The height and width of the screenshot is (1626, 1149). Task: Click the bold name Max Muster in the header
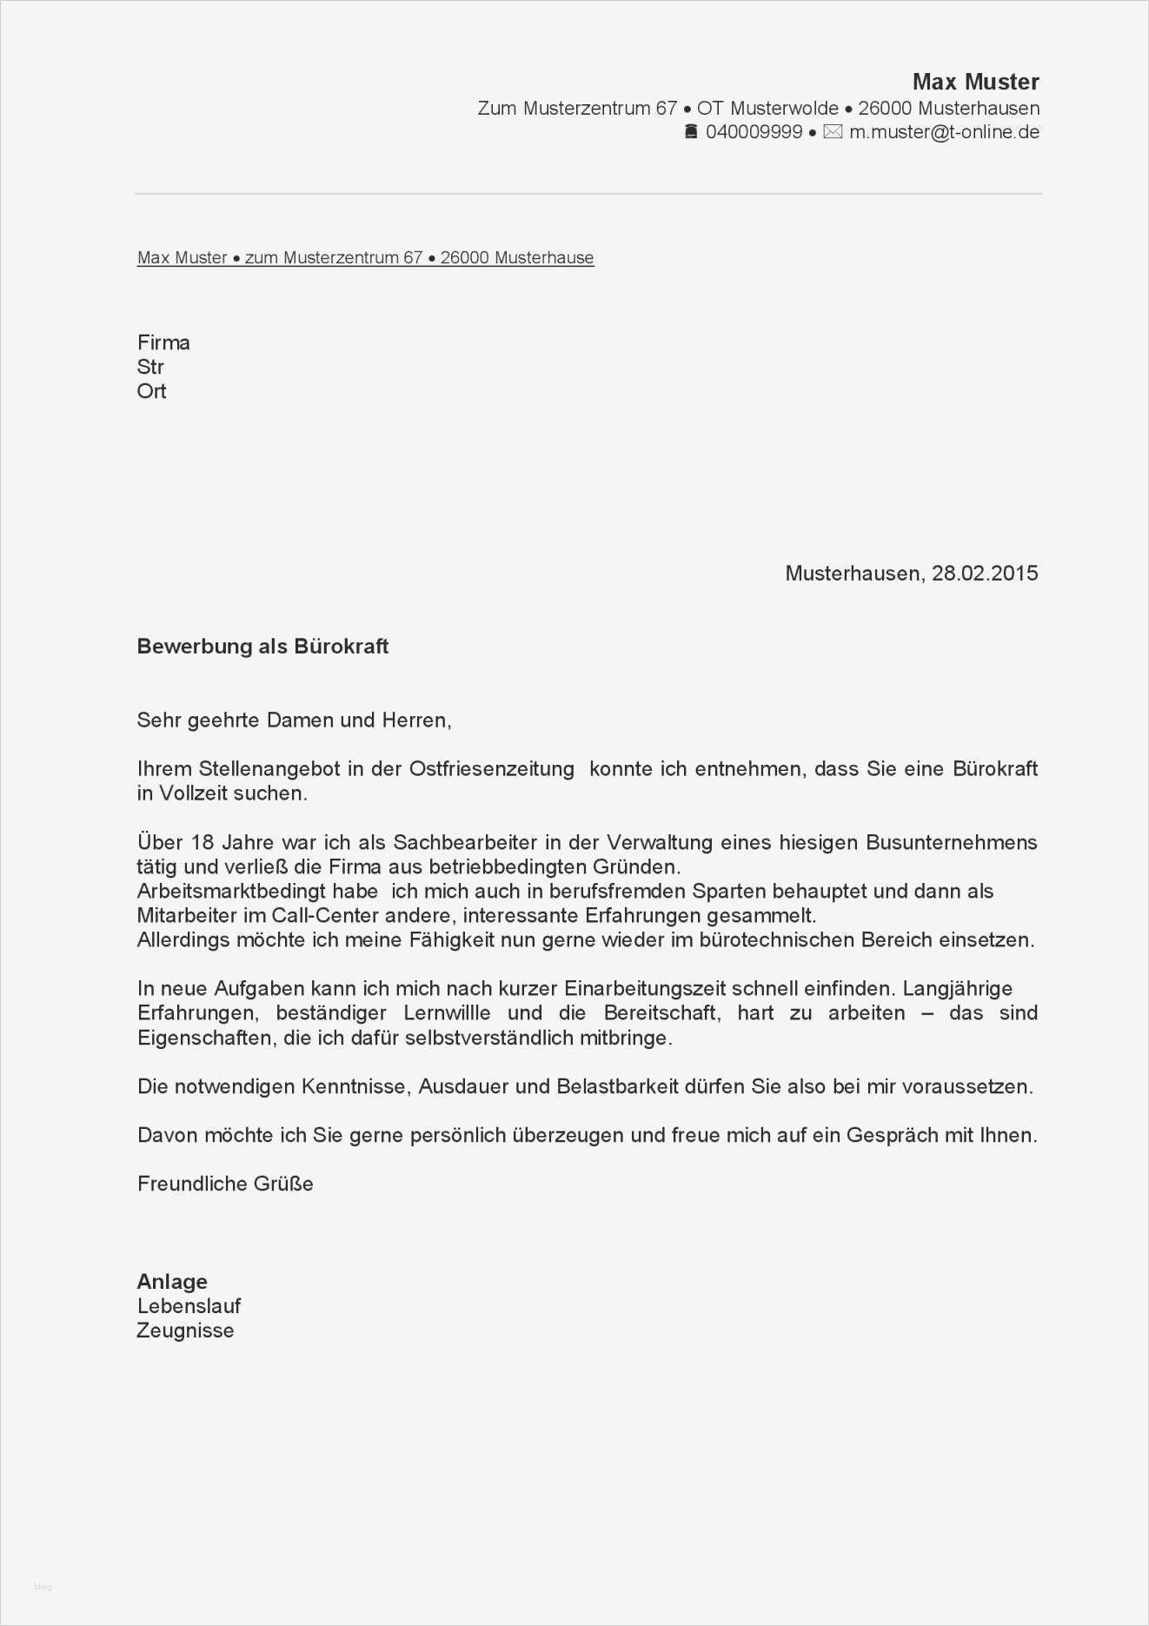[975, 82]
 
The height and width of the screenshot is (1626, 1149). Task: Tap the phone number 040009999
[754, 132]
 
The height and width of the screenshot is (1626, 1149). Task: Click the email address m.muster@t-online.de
[944, 132]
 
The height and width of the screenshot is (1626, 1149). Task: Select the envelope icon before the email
[833, 132]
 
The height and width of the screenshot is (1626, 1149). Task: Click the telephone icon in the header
[691, 132]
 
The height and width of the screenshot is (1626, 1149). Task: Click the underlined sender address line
[365, 258]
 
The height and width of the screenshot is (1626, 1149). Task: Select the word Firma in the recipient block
[163, 342]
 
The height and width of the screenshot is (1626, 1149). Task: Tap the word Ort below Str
[151, 391]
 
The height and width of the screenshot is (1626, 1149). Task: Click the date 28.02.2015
[985, 574]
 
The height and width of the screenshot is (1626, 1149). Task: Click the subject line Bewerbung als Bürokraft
[262, 647]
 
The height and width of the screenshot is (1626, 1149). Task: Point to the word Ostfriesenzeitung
[492, 769]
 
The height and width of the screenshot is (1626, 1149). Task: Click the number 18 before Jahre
[202, 843]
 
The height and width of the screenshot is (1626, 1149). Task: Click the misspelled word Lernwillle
[447, 1013]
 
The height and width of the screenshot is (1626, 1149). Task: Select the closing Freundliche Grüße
[225, 1184]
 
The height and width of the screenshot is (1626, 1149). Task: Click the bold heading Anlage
[172, 1282]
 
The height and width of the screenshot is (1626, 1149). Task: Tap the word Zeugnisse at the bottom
[185, 1331]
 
